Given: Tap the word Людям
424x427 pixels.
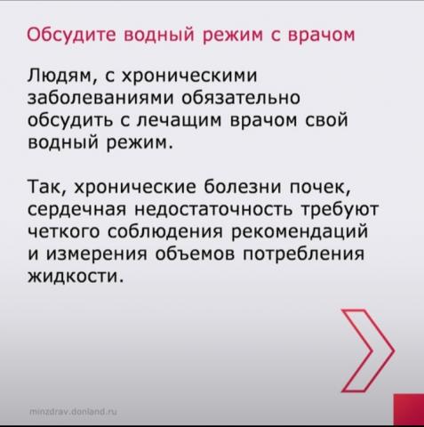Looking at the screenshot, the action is point(60,76).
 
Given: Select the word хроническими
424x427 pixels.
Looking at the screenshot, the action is point(189,76).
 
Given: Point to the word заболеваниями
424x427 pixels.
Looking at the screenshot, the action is point(100,98).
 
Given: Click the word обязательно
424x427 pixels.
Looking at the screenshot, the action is point(241,97).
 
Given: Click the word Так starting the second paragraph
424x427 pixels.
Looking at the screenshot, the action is point(47,188).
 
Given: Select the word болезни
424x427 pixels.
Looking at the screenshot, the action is point(243,187).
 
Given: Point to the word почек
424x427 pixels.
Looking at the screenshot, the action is point(320,189).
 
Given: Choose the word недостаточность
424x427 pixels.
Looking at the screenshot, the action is point(214,209).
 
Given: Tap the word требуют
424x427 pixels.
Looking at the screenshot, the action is point(340,209).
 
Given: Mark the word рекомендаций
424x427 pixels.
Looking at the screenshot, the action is point(300,232).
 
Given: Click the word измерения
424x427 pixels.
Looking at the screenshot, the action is point(97,254).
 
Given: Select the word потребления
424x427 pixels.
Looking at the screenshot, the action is point(303,254).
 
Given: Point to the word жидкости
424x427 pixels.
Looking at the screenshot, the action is point(76,277).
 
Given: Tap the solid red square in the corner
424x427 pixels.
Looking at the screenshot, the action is point(409,410).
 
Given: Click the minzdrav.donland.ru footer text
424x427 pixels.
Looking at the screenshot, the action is point(74,412).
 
